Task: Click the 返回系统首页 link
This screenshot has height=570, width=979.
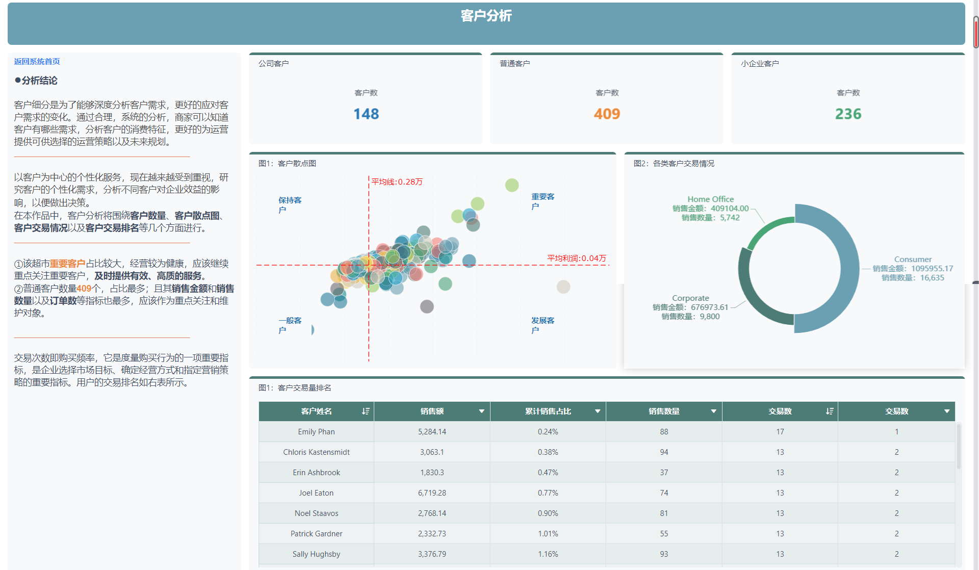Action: pos(37,62)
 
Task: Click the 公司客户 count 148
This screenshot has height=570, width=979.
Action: pos(366,114)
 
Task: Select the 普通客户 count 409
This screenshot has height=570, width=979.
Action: pos(607,114)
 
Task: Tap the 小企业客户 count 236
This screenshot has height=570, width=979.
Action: pos(848,114)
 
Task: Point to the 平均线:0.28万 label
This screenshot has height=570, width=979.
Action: pos(397,182)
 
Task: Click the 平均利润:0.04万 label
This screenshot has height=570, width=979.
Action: pos(577,258)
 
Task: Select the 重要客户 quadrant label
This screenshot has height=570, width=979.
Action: pos(543,201)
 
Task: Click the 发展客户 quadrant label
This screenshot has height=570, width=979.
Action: pos(543,325)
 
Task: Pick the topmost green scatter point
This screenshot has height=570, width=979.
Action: pos(512,185)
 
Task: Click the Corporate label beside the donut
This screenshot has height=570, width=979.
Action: pos(690,298)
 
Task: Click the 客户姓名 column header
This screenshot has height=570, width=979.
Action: pos(316,411)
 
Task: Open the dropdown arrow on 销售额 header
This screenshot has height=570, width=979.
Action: pos(481,411)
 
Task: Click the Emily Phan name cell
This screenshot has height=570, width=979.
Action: pos(316,432)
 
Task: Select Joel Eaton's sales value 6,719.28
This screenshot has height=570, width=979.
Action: pos(432,493)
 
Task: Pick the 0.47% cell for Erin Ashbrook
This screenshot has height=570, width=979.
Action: pos(548,473)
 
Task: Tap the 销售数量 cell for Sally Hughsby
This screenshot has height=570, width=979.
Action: pos(663,554)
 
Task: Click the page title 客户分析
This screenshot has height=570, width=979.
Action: pos(486,16)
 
